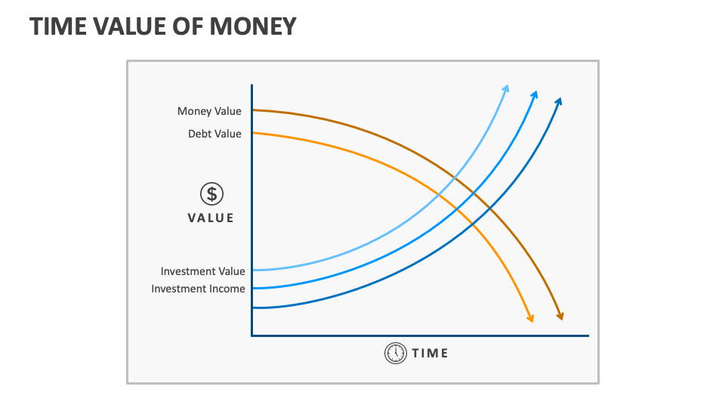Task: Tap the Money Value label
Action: pyautogui.click(x=209, y=111)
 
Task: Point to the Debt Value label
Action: pyautogui.click(x=214, y=134)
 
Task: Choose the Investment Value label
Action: pyautogui.click(x=202, y=271)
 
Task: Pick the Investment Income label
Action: pyautogui.click(x=198, y=289)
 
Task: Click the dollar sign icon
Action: pyautogui.click(x=211, y=194)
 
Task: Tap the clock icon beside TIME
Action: pyautogui.click(x=395, y=353)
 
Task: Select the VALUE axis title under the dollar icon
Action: pyautogui.click(x=211, y=218)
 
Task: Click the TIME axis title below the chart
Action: pyautogui.click(x=430, y=353)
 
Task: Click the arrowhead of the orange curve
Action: pyautogui.click(x=530, y=318)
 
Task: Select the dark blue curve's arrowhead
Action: pyautogui.click(x=559, y=100)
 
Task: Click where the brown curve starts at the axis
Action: pyautogui.click(x=254, y=110)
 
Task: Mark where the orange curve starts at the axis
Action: pyautogui.click(x=254, y=133)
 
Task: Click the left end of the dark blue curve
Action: pyautogui.click(x=255, y=308)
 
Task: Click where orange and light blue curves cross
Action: pyautogui.click(x=439, y=196)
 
